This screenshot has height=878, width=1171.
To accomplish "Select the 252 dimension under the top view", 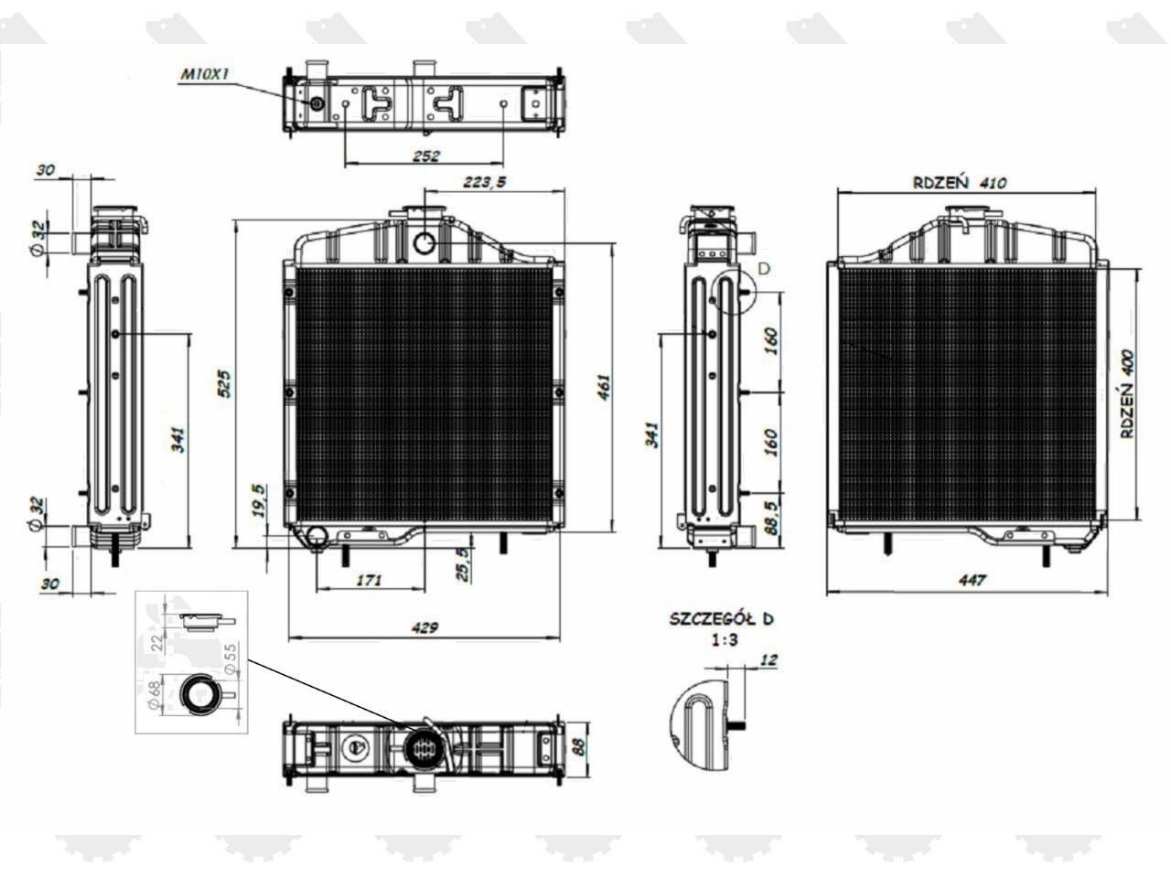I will tap(425, 155).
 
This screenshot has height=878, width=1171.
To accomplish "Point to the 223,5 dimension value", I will tap(484, 182).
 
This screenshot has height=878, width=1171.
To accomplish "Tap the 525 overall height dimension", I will tap(223, 383).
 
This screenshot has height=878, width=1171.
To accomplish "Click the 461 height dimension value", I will tap(604, 387).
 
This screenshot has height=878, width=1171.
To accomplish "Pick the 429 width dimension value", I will tap(424, 627).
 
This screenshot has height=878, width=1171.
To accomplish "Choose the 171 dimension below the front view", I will tap(369, 580).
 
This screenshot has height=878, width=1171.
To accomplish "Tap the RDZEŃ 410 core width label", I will tap(959, 182).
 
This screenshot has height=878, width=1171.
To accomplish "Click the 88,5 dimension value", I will tap(770, 517).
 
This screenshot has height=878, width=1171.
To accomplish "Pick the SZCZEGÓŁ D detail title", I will tap(721, 618).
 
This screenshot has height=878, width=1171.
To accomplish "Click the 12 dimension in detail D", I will tap(768, 659).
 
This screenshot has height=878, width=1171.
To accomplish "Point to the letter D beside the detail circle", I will tap(765, 268).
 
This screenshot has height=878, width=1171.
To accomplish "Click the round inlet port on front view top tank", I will tap(425, 242).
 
